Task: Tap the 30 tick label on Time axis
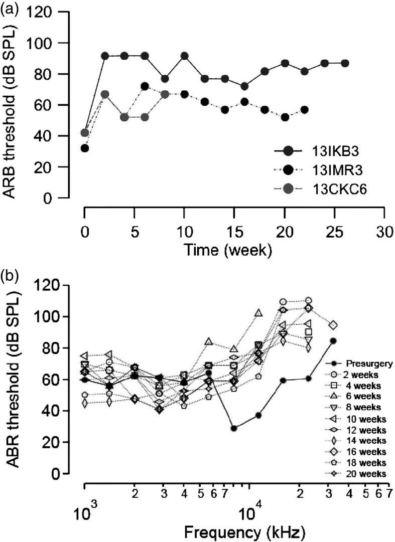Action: click(384, 222)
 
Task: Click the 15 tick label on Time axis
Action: click(234, 222)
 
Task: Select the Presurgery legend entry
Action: click(361, 363)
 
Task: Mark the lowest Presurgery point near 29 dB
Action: click(234, 428)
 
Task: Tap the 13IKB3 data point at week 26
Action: click(345, 63)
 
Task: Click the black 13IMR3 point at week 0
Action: click(85, 148)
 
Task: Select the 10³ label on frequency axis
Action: click(85, 512)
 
